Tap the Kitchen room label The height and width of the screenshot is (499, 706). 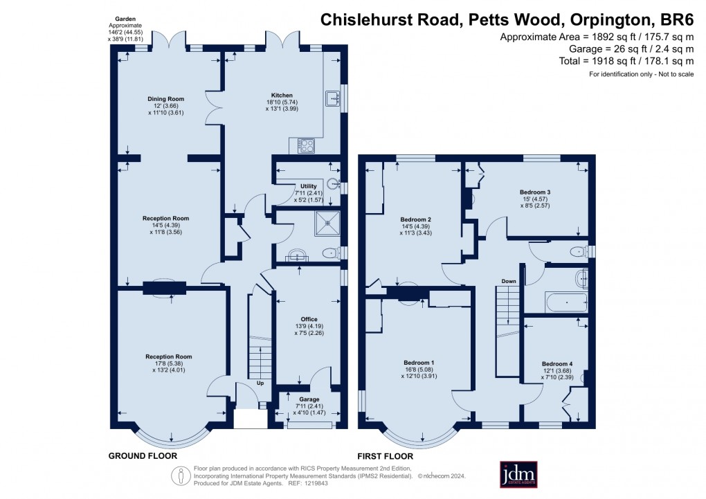coord(282,95)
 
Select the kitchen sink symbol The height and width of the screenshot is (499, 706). coord(332,98)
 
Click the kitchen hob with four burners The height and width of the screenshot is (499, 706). coord(306,145)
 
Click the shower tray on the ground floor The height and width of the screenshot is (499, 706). coord(325,224)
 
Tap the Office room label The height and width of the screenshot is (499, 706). coord(309,319)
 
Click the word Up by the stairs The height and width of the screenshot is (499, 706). coord(260,383)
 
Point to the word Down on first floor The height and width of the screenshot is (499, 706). coord(509,282)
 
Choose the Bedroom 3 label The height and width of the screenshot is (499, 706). coord(534,192)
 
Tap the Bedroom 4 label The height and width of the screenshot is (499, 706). coord(557,364)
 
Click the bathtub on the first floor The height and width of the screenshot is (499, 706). coord(565,303)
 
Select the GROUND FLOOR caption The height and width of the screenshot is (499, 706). coord(143,456)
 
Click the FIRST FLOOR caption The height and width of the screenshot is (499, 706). coord(386,456)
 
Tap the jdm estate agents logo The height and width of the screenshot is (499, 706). coord(519,475)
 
